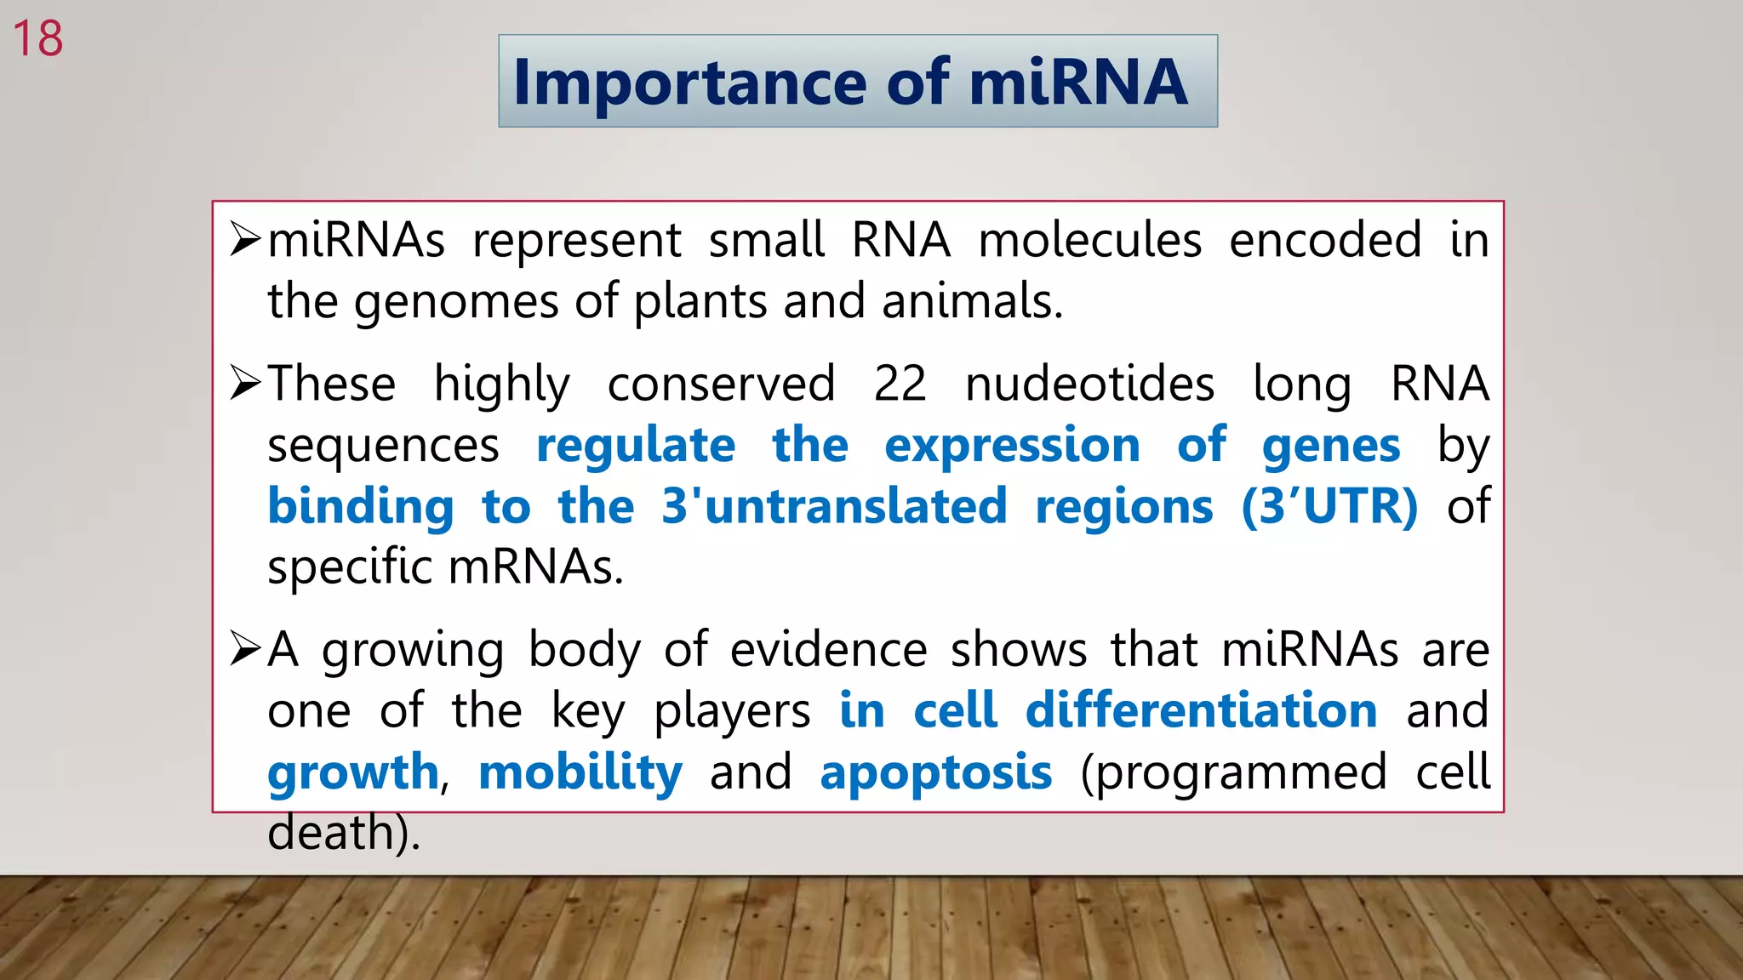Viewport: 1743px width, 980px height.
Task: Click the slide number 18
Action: tap(37, 39)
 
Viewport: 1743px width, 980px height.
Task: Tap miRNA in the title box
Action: tap(1077, 83)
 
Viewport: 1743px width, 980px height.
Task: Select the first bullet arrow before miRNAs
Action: tap(244, 240)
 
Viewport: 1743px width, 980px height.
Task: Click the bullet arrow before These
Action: tap(244, 384)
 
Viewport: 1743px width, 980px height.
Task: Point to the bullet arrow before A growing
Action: tap(244, 650)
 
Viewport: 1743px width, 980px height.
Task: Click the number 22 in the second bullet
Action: tap(900, 384)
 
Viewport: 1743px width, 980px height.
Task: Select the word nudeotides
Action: tap(1089, 384)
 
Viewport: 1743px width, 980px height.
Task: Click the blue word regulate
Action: tap(635, 446)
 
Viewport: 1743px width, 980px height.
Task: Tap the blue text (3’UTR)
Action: tap(1329, 506)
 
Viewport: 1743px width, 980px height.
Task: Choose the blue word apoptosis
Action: tap(935, 773)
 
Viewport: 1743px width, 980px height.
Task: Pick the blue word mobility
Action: tap(580, 773)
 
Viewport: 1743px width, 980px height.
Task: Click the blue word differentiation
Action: tap(1201, 710)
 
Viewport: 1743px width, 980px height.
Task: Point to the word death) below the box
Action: tap(344, 832)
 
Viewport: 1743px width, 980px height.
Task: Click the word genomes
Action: tap(457, 302)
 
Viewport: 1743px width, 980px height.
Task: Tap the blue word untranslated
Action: tap(856, 506)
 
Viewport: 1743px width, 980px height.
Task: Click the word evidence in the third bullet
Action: tap(828, 650)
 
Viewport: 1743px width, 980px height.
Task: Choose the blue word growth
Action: tap(353, 773)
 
